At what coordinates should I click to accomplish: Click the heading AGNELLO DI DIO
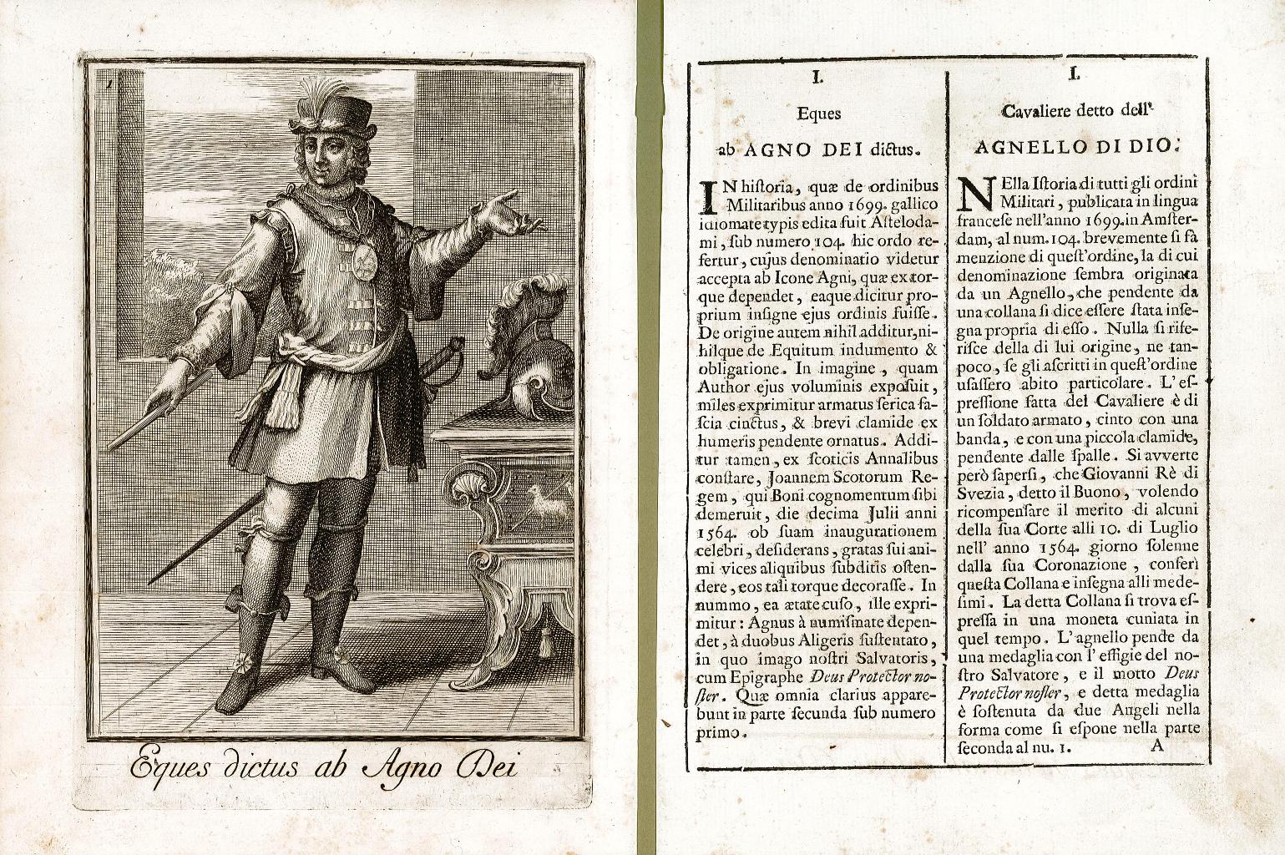(x=1072, y=148)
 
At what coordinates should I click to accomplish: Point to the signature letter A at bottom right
(x=1156, y=746)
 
